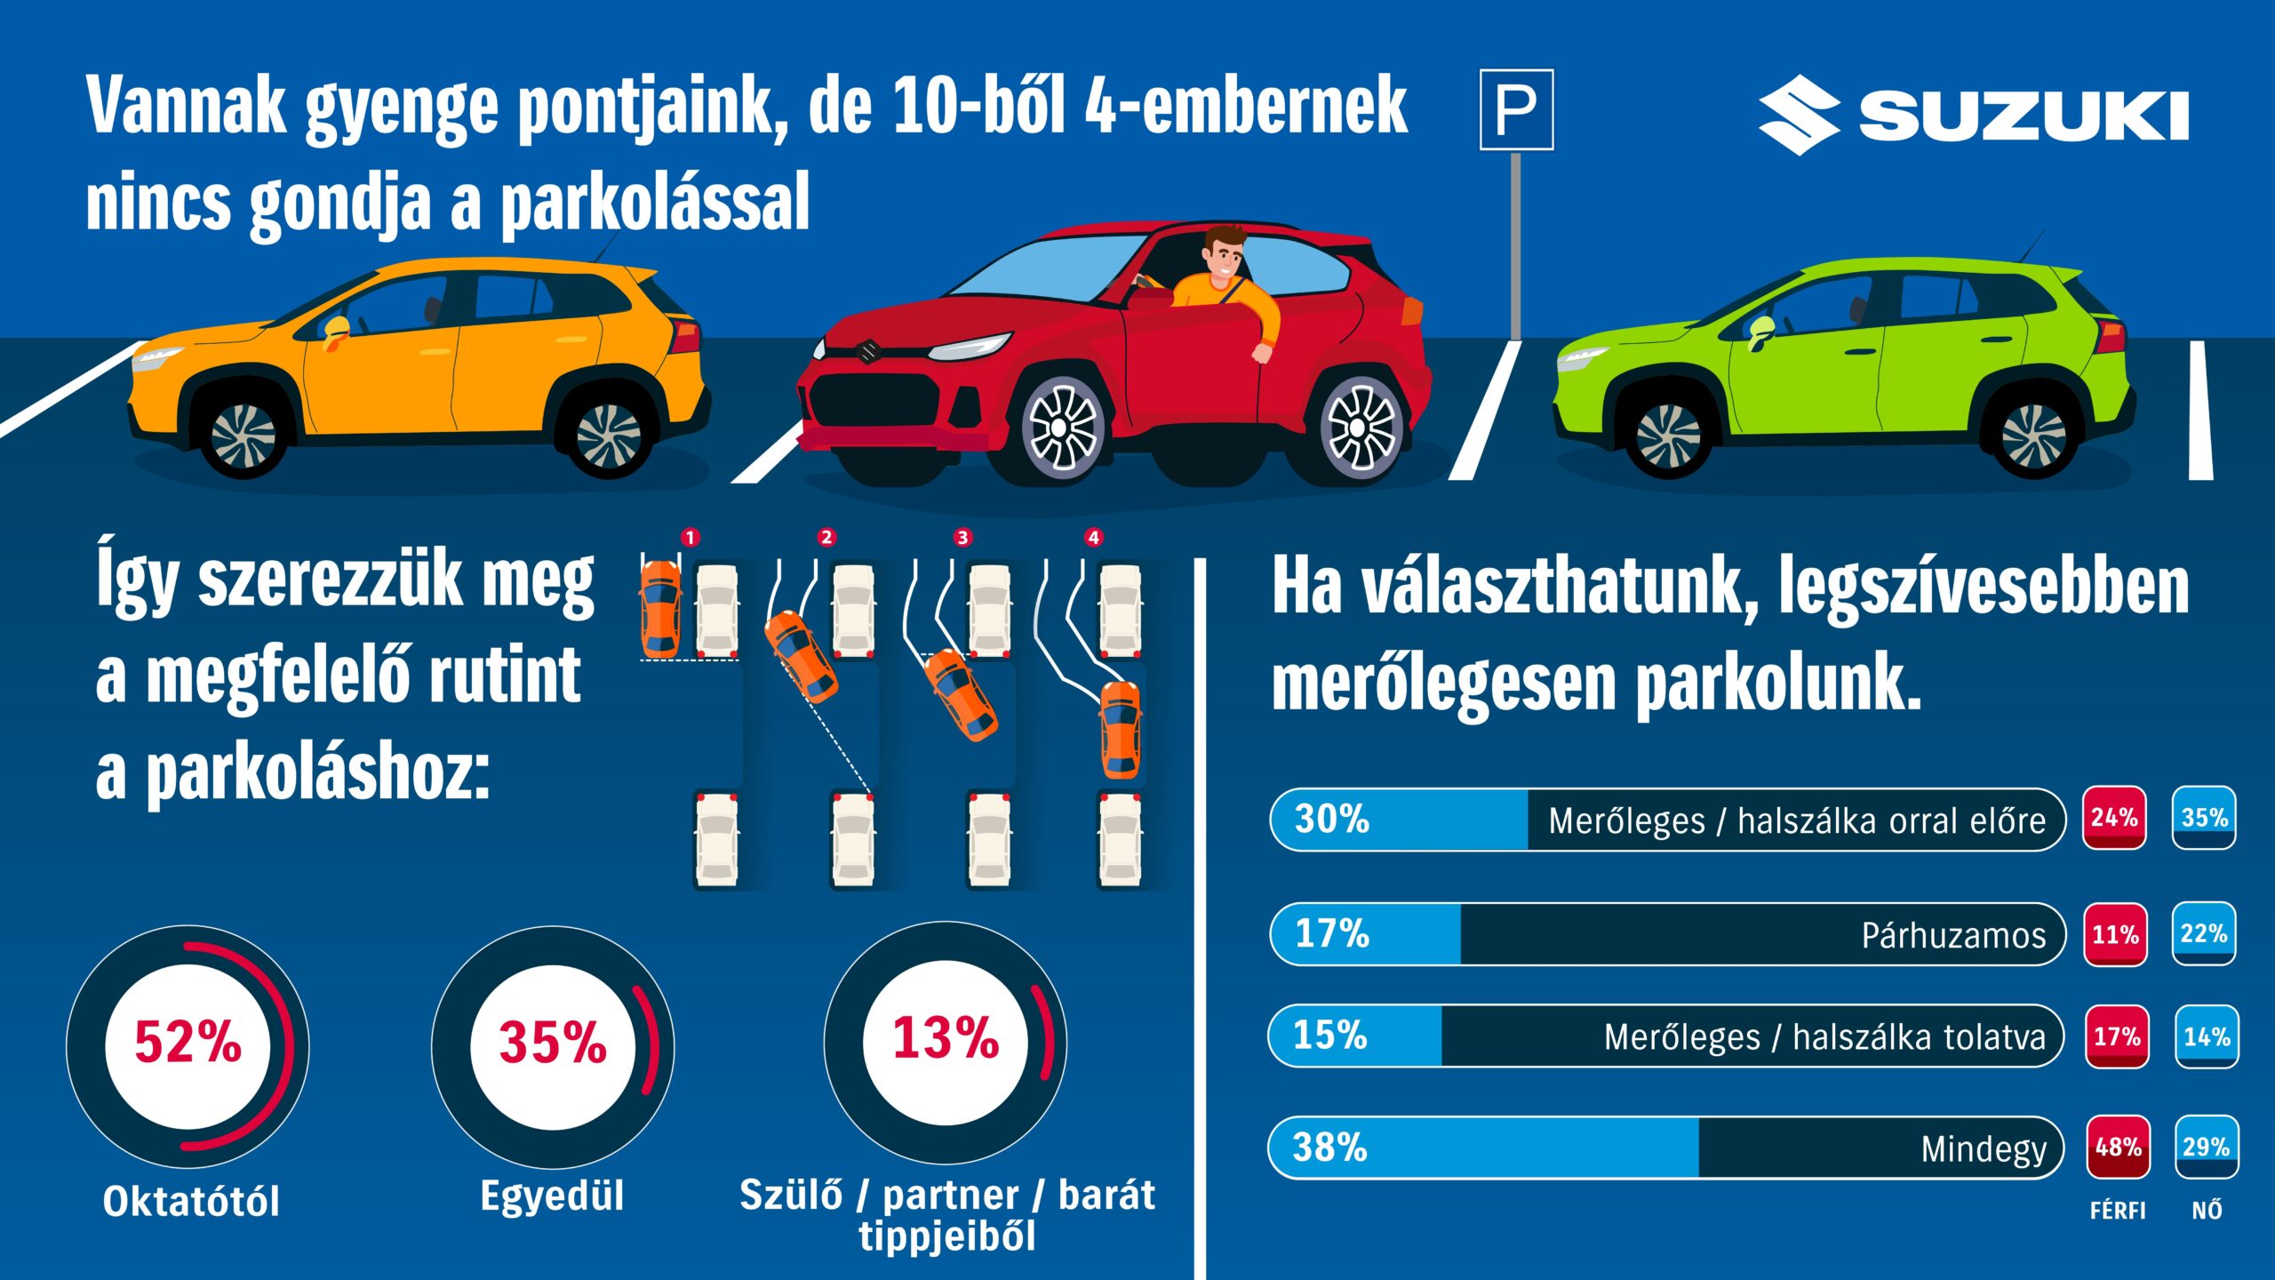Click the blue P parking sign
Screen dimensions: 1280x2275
[1516, 109]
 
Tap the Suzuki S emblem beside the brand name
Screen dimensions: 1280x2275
[1798, 115]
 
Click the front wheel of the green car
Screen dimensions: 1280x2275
[1668, 436]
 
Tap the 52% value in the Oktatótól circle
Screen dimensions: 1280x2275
[188, 1043]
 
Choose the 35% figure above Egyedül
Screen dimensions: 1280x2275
[553, 1043]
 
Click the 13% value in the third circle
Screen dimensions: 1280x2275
[946, 1038]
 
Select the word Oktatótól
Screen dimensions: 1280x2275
[191, 1202]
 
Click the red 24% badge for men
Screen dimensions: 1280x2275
[2114, 818]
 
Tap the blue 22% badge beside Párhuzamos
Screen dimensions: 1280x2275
[2204, 933]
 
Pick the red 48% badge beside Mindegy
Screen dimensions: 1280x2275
[2119, 1148]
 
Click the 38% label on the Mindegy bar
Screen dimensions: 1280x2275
[1329, 1148]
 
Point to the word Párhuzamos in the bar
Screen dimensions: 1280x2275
[1953, 935]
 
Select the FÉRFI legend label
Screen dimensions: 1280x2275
[2118, 1211]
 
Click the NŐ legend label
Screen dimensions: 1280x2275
[2207, 1211]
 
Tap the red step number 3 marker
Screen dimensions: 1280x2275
[962, 537]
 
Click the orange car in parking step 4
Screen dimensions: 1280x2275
[1120, 729]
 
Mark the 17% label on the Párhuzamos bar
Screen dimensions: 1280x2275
[1331, 933]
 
